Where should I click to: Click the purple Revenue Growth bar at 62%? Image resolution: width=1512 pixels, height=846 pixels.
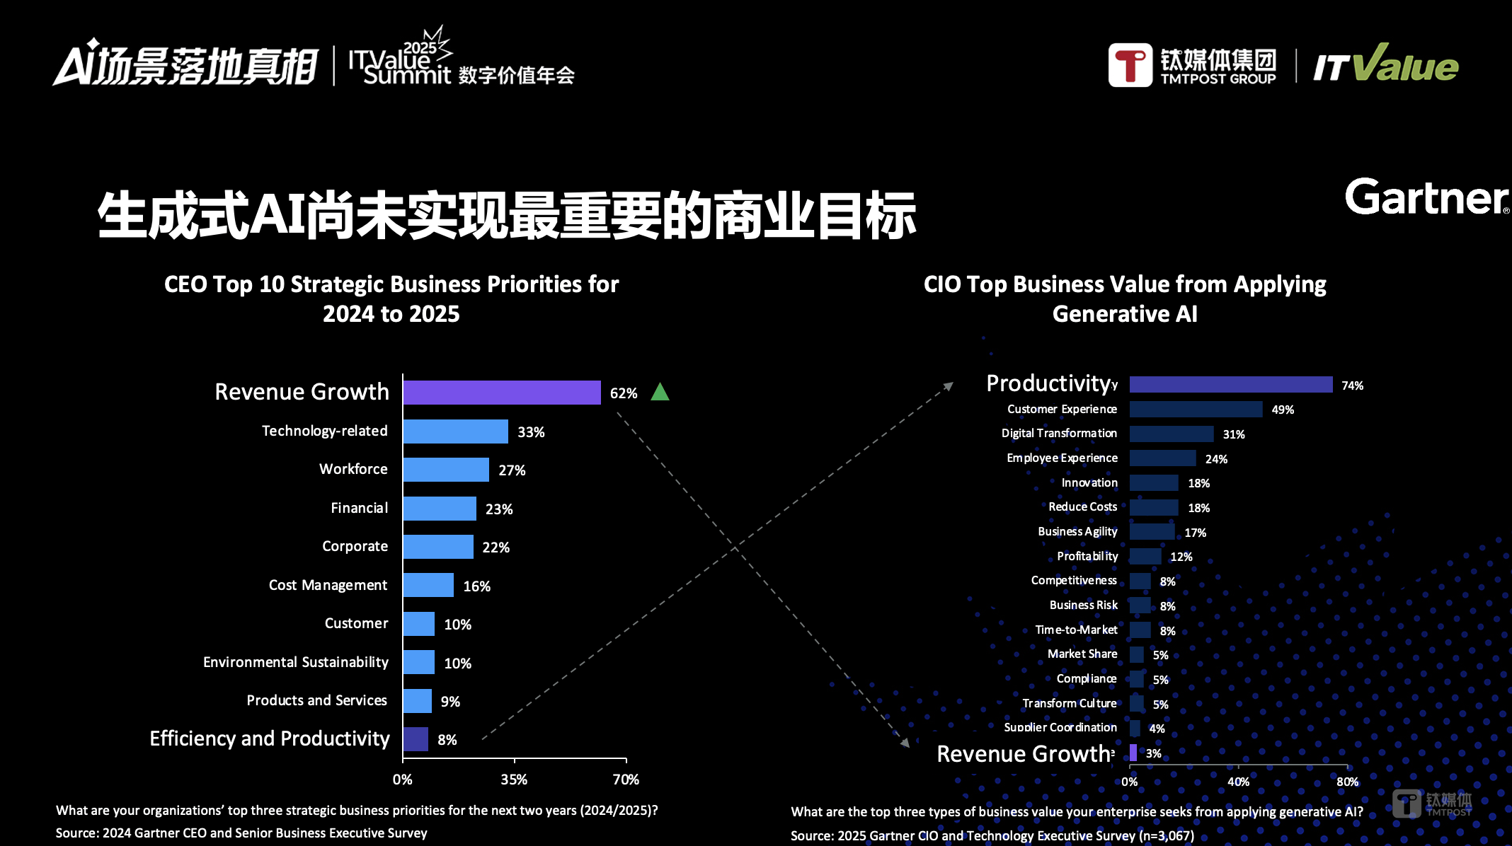(502, 393)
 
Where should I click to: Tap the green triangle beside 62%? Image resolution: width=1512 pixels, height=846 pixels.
(660, 392)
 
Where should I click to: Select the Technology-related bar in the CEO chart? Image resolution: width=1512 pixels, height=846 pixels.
(455, 431)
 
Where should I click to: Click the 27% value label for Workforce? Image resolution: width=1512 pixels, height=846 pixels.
(512, 470)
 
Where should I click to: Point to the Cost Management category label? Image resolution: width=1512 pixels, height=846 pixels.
(328, 585)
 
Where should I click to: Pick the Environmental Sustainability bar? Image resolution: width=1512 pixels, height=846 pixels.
(419, 663)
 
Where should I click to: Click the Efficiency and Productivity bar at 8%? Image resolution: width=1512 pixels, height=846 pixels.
(416, 739)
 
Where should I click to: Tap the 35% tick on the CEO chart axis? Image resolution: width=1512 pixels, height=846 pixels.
(514, 780)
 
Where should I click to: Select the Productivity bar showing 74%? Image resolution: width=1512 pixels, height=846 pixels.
(1230, 384)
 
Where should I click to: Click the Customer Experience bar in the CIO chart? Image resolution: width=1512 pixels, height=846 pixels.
(1196, 410)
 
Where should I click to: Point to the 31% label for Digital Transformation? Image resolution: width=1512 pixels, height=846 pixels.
(1233, 434)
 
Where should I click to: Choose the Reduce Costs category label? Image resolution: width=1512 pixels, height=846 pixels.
(1082, 507)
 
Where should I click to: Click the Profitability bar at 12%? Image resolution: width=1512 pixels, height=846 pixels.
(1145, 557)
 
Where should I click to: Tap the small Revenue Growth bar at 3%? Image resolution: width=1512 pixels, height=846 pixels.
(1133, 753)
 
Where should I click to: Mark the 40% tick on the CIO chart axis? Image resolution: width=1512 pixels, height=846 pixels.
(1238, 782)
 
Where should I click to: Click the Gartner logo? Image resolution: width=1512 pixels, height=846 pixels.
(1426, 197)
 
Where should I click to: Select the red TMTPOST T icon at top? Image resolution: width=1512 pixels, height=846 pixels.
(1130, 65)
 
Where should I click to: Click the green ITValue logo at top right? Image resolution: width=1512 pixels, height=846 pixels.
(1386, 65)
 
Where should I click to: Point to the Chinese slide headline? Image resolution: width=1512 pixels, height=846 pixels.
(507, 215)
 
